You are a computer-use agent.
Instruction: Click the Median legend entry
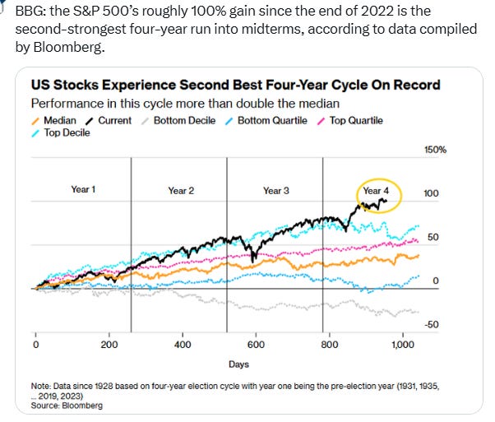[54, 121]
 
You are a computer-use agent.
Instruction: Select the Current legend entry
[109, 121]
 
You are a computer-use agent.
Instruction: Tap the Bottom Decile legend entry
[178, 121]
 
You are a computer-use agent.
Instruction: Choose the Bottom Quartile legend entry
[266, 121]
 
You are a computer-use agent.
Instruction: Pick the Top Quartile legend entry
[350, 121]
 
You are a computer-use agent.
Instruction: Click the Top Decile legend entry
[61, 132]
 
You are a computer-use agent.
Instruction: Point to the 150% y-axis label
[435, 150]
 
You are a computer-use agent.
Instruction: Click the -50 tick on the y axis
[431, 324]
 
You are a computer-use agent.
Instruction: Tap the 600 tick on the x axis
[256, 344]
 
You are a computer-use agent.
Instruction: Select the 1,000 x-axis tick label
[403, 344]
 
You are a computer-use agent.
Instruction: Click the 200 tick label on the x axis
[109, 344]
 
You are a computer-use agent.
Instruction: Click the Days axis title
[238, 364]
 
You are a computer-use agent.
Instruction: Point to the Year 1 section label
[83, 189]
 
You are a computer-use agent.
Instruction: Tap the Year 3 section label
[276, 191]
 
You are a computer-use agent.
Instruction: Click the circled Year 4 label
[376, 191]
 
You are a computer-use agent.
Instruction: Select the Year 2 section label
[181, 191]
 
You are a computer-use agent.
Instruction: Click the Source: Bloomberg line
[67, 406]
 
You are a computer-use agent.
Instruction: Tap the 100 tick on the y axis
[431, 193]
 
